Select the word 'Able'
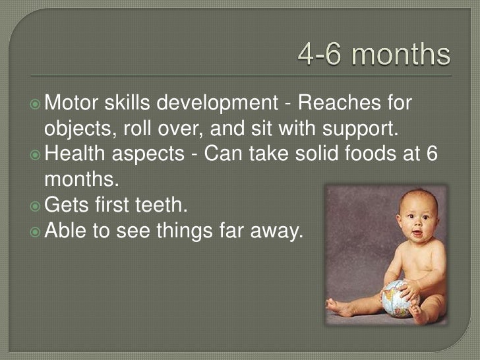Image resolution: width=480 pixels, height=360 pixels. coord(65,229)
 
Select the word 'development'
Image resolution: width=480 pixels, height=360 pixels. coord(224,104)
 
